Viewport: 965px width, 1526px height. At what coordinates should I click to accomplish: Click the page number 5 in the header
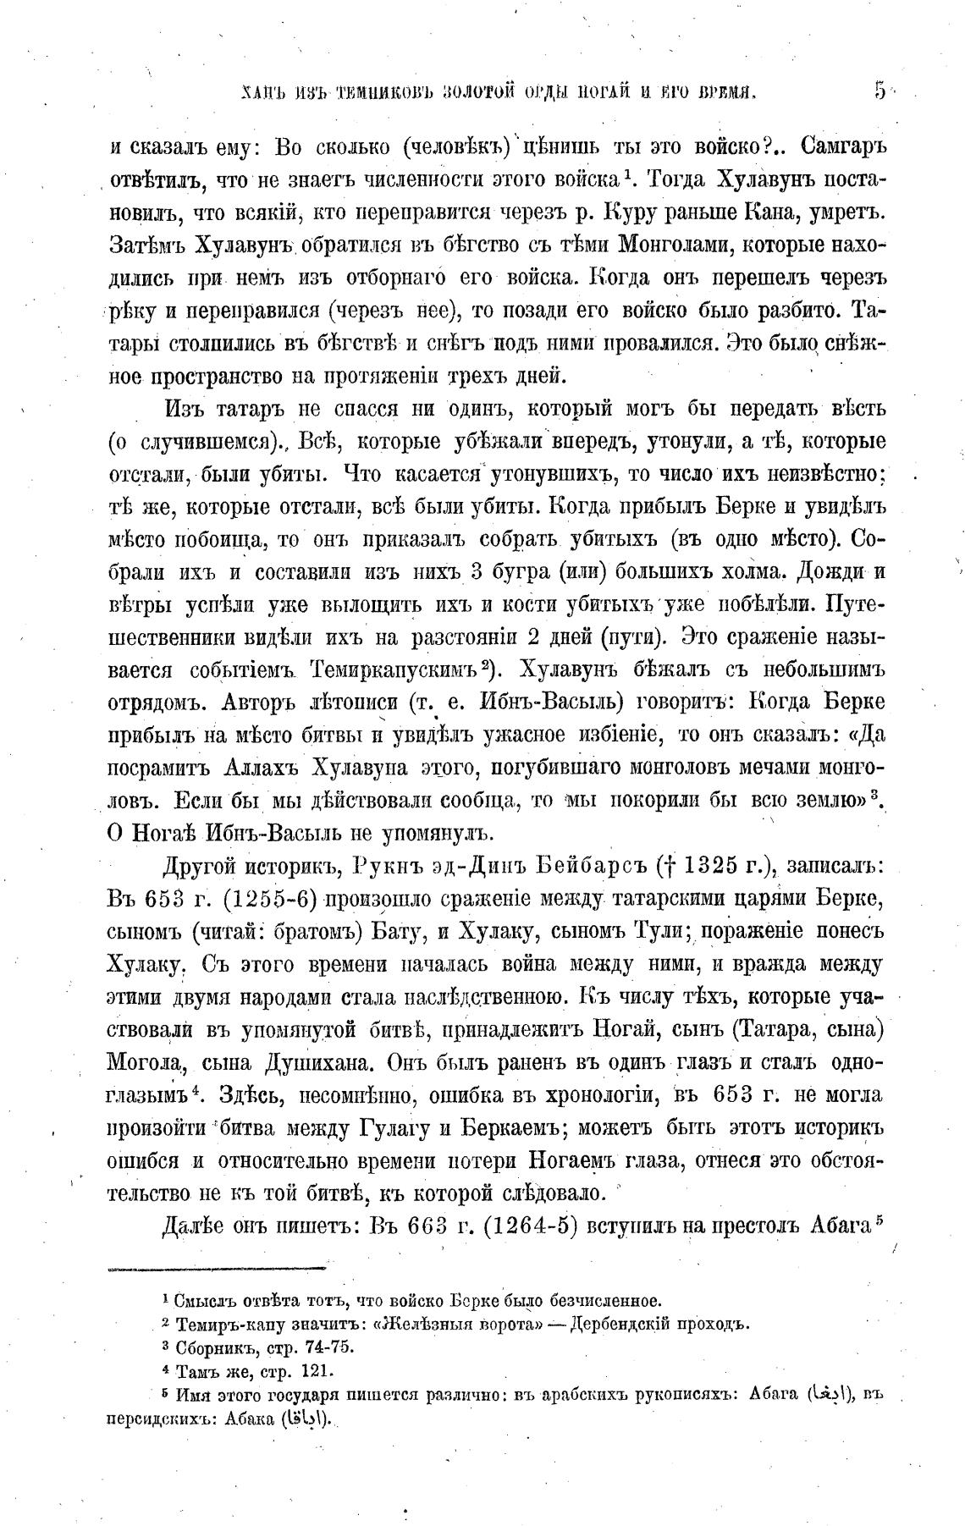[880, 91]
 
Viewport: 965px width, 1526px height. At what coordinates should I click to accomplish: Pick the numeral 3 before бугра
[475, 571]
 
